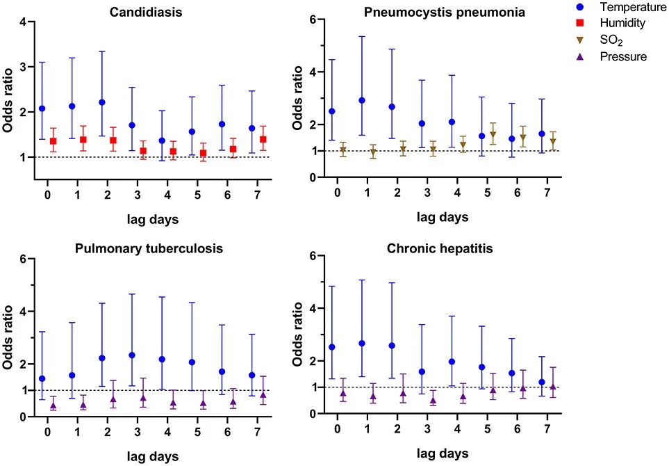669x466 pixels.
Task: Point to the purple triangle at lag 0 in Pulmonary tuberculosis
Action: click(x=53, y=405)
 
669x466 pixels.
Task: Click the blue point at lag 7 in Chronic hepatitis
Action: click(x=541, y=382)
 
